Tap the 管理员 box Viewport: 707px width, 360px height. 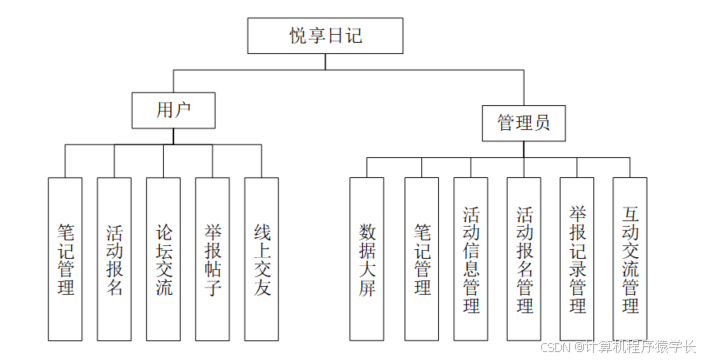pyautogui.click(x=523, y=124)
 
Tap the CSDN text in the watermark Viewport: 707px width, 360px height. pyautogui.click(x=555, y=346)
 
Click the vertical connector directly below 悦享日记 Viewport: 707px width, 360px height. pyautogui.click(x=326, y=61)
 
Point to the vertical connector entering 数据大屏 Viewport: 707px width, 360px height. pyautogui.click(x=366, y=167)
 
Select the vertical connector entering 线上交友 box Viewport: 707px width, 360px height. pyautogui.click(x=261, y=161)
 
